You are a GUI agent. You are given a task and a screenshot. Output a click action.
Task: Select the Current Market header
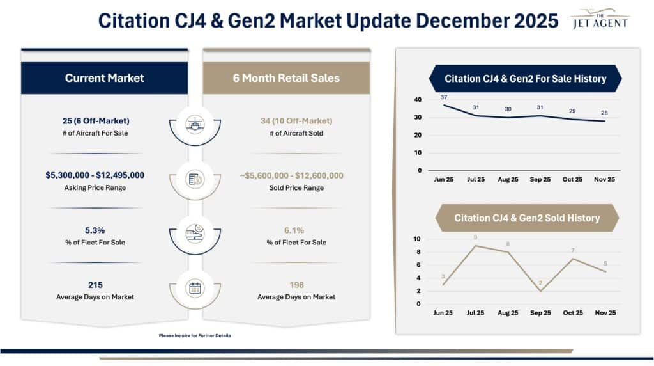click(x=104, y=78)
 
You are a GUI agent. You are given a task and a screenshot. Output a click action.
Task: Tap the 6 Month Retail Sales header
click(x=287, y=78)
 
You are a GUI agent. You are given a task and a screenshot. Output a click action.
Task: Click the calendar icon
click(x=195, y=288)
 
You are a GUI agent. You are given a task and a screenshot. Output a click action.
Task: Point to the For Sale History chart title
click(x=525, y=79)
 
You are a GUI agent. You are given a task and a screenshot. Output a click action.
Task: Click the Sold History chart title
click(x=527, y=218)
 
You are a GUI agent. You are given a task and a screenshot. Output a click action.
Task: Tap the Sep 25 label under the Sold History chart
click(x=540, y=313)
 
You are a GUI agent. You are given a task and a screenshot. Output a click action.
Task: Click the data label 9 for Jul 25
click(x=475, y=238)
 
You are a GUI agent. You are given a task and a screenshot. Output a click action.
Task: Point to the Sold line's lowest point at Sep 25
click(x=540, y=291)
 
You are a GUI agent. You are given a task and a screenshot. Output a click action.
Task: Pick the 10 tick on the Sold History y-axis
click(x=417, y=239)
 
